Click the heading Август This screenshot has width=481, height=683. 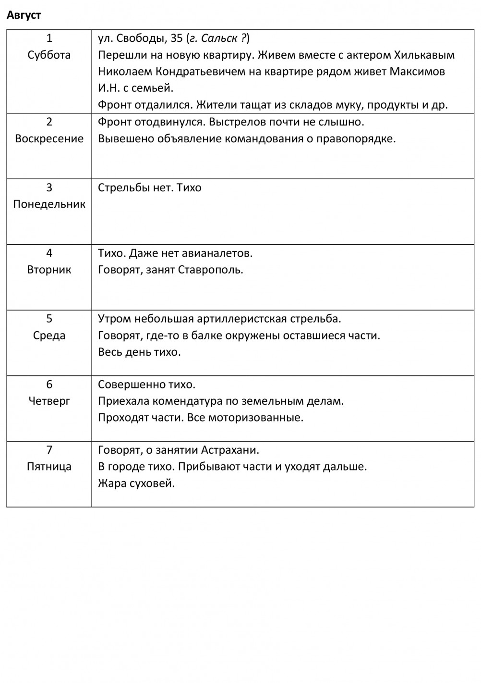click(x=24, y=15)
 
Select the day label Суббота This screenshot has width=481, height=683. click(x=49, y=55)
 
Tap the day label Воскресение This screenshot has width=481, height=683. click(x=49, y=138)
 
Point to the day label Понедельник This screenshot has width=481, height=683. click(x=49, y=204)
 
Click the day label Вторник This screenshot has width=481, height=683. click(x=49, y=270)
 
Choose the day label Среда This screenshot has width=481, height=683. click(x=49, y=335)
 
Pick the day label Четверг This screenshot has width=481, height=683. click(x=49, y=401)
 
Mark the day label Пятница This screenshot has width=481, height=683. click(x=49, y=466)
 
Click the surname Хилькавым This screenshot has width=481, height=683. click(x=424, y=55)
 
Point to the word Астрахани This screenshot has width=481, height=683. click(x=230, y=450)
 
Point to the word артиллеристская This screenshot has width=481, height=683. click(x=242, y=319)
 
